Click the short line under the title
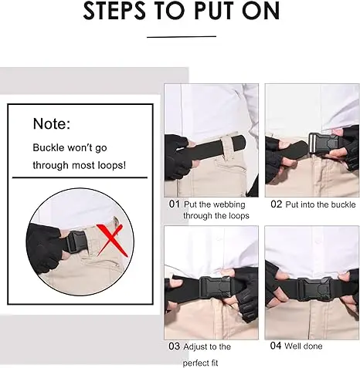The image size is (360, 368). click(182, 37)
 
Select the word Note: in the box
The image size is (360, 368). click(52, 123)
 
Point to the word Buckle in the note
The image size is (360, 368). click(49, 147)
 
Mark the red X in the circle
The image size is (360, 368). click(110, 241)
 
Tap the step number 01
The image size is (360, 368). click(175, 204)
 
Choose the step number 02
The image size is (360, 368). click(277, 204)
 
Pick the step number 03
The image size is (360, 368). click(175, 346)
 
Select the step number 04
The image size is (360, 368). click(276, 346)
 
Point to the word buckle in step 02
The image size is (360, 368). click(343, 204)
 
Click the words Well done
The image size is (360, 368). click(304, 346)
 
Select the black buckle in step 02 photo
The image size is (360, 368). click(325, 143)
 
